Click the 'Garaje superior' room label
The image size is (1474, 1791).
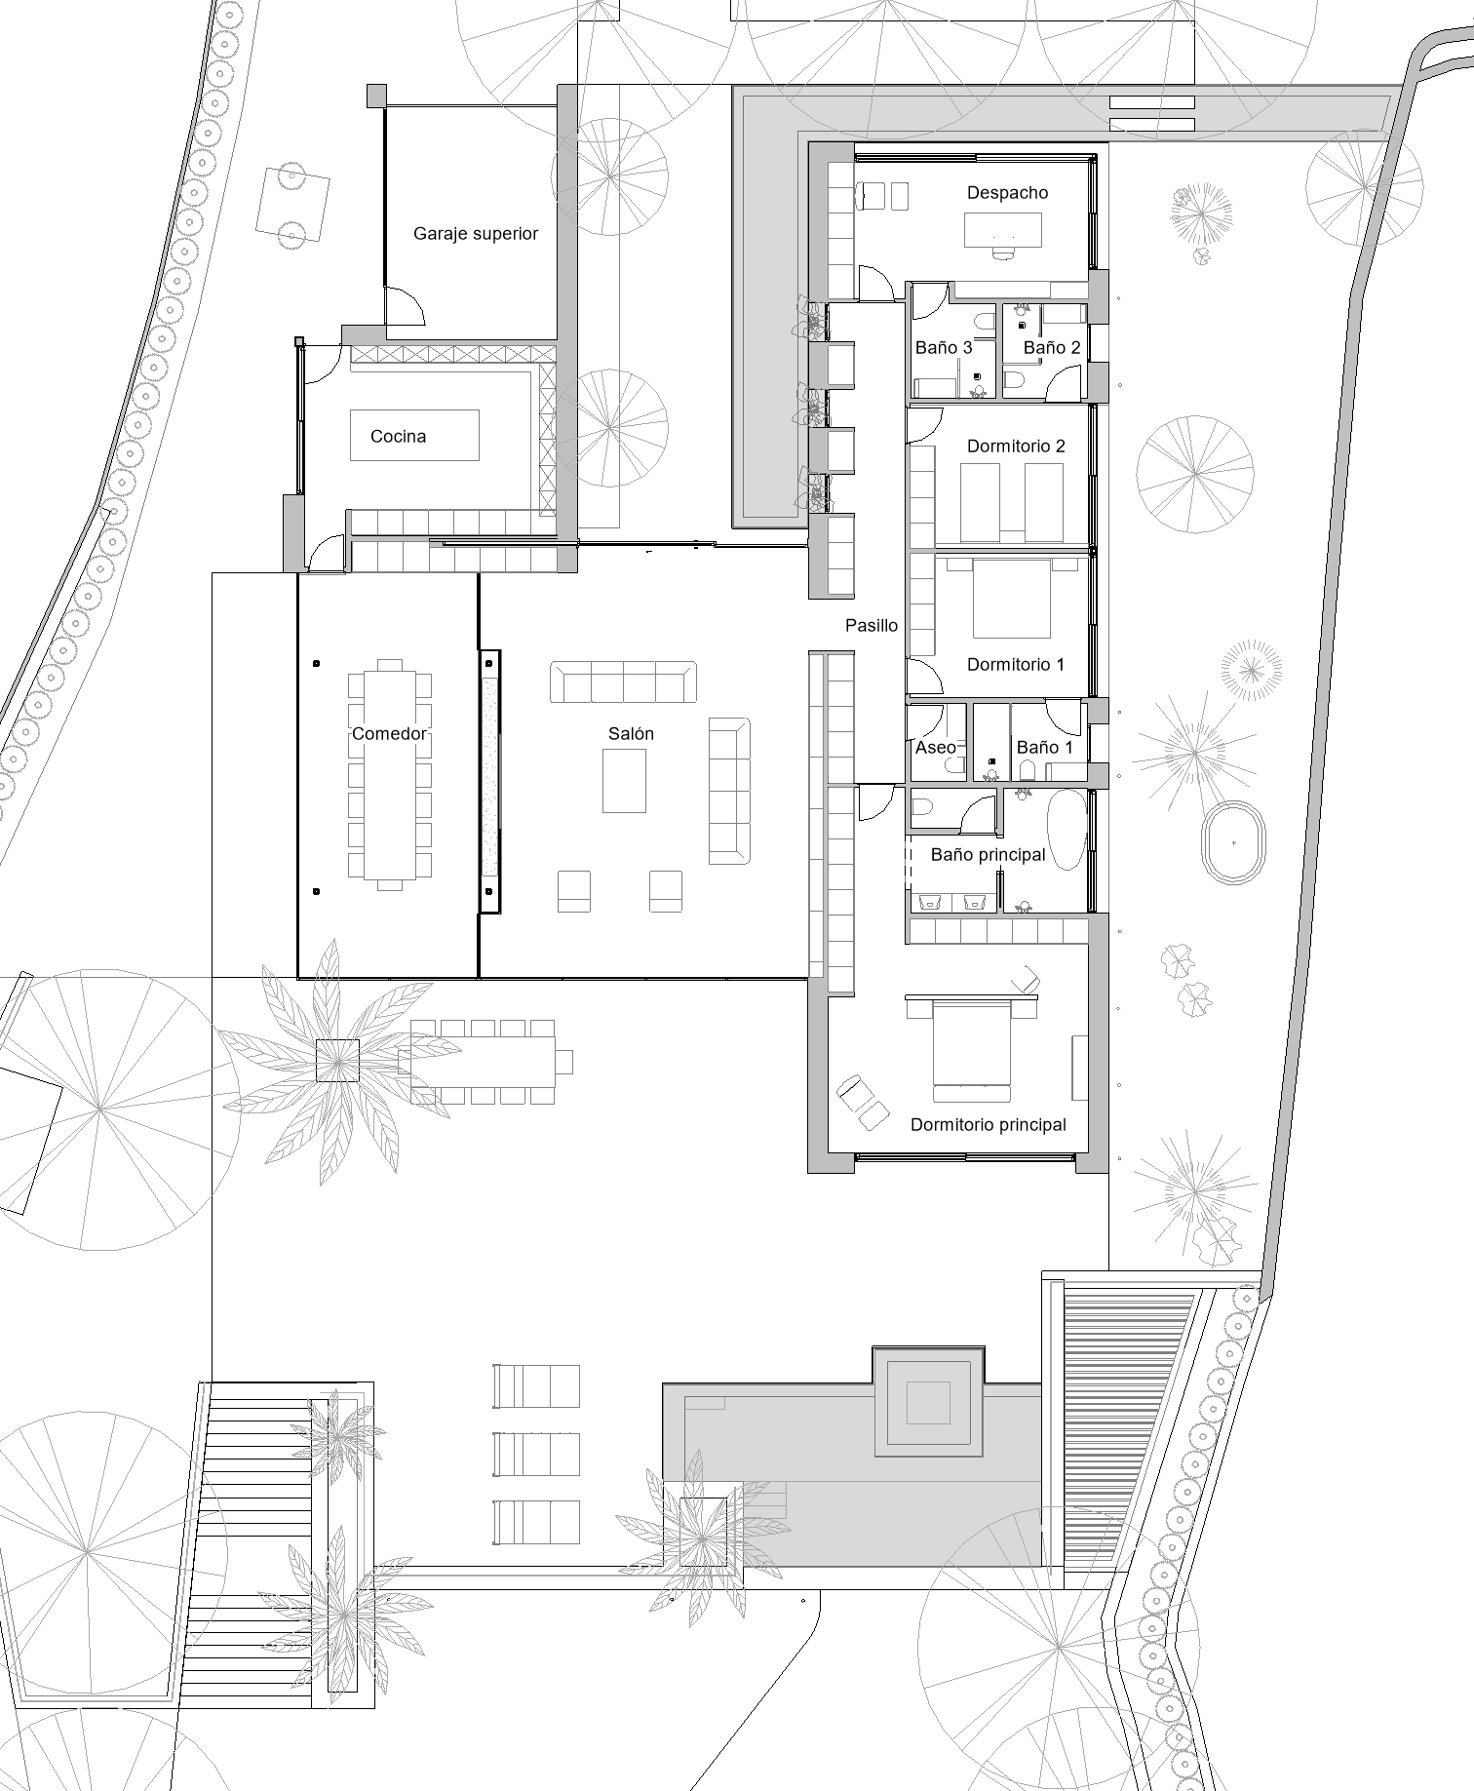coord(476,234)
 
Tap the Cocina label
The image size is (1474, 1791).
coord(398,436)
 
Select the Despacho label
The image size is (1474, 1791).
coord(1007,193)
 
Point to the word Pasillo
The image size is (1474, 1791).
coord(872,626)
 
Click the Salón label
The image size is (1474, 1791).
coord(631,734)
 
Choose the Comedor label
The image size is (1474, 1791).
coord(390,734)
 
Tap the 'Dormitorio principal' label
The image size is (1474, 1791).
coord(989,1125)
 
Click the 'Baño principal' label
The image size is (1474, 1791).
coord(988,855)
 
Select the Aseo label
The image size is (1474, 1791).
coord(936,748)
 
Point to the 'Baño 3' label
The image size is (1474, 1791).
coord(944,347)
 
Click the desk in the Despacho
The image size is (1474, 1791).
coord(1003,230)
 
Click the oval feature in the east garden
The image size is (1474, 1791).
coord(1234,841)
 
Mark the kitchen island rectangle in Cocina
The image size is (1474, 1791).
coord(415,435)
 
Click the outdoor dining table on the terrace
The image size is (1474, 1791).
coord(483,1061)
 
